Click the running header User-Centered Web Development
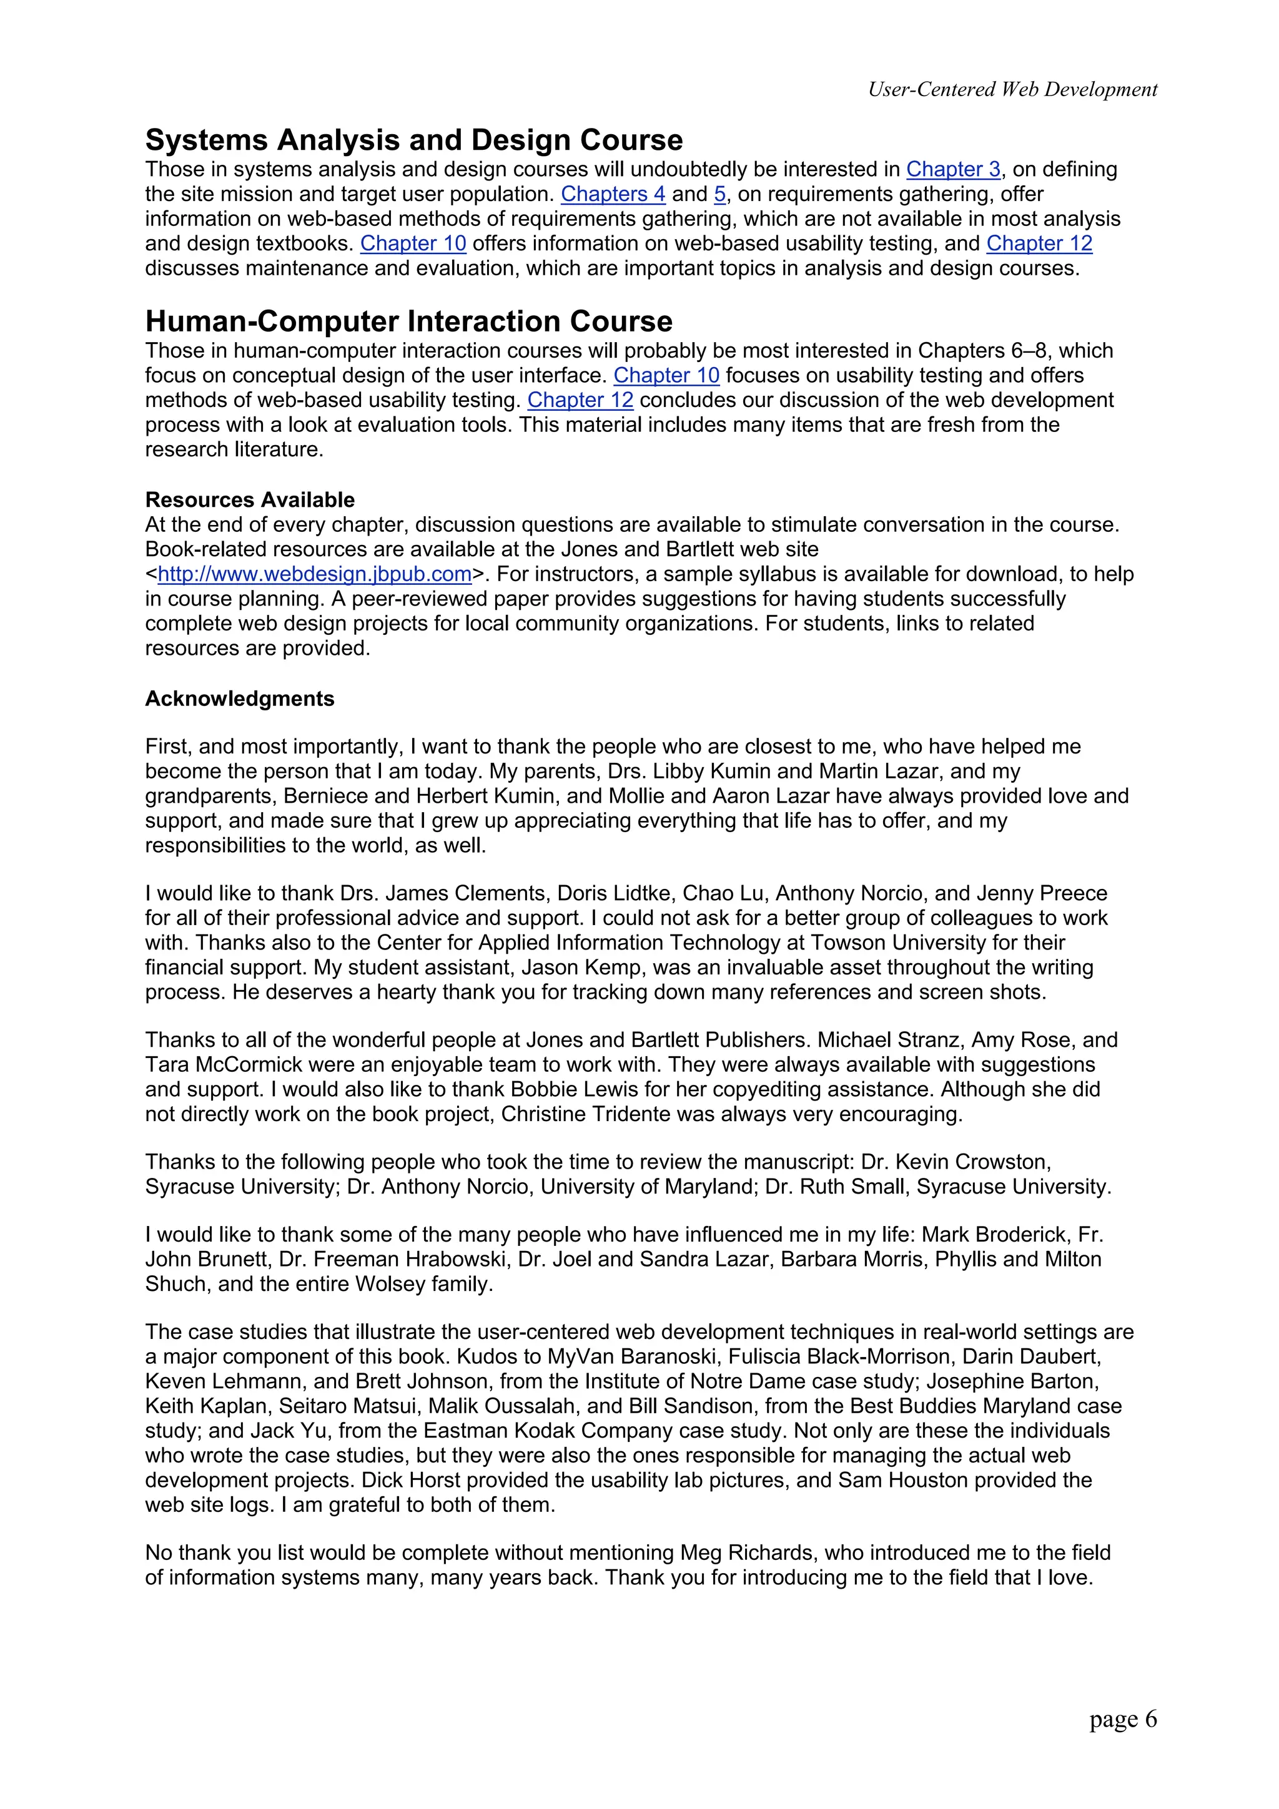coord(1012,90)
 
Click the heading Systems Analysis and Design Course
coord(413,140)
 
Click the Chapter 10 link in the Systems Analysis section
coord(413,243)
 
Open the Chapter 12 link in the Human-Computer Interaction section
coord(580,400)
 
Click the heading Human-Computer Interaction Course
coord(408,321)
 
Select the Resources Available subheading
coord(249,499)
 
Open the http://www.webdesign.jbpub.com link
coord(314,574)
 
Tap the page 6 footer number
coord(1122,1718)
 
